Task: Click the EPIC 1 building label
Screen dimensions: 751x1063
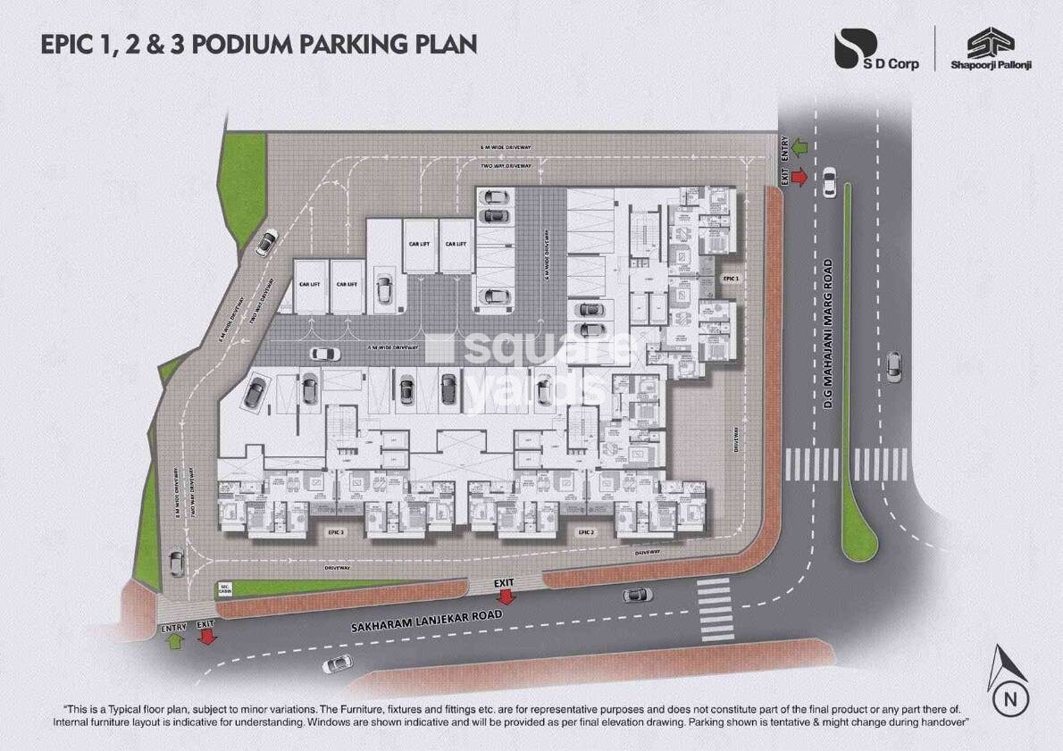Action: coord(732,280)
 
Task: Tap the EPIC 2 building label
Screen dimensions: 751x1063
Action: coord(586,532)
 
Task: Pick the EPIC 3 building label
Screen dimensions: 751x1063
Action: coord(336,532)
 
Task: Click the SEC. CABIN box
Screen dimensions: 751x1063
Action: coord(225,588)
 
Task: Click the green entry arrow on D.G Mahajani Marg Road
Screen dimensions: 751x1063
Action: coord(799,144)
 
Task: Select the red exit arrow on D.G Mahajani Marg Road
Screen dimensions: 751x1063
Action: coord(799,178)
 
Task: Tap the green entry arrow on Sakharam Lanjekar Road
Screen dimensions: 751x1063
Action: coord(174,639)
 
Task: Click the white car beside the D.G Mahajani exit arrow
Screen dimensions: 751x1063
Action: coord(830,182)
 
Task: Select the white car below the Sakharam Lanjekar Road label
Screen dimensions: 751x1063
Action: coord(337,664)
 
